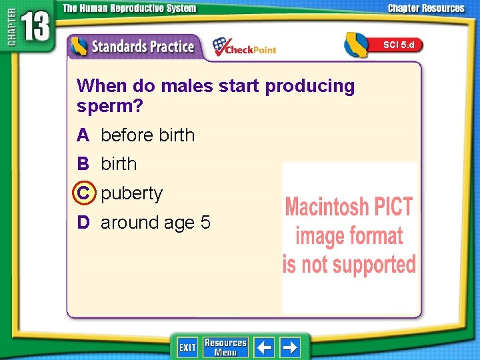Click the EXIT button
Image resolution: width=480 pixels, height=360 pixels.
click(x=187, y=347)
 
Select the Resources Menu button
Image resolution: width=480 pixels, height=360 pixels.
click(x=225, y=347)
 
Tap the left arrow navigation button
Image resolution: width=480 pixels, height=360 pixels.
click(x=265, y=347)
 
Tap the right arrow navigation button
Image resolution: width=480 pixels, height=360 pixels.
click(x=290, y=347)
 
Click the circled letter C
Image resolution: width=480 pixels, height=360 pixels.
click(x=83, y=193)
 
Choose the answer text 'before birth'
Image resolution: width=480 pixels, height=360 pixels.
click(x=147, y=135)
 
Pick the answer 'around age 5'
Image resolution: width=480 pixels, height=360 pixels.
click(x=155, y=223)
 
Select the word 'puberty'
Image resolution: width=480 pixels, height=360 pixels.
click(x=131, y=193)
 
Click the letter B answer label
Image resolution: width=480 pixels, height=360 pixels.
click(x=83, y=164)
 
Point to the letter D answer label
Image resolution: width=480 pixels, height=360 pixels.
click(x=83, y=223)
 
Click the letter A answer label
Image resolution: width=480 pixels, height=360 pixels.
click(x=83, y=135)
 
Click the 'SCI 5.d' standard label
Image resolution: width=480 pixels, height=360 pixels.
click(x=398, y=45)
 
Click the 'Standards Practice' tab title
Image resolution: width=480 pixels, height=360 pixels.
click(x=142, y=47)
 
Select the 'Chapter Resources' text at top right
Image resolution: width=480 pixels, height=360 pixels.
click(x=426, y=9)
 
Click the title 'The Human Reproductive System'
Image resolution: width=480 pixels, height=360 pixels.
click(x=129, y=9)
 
